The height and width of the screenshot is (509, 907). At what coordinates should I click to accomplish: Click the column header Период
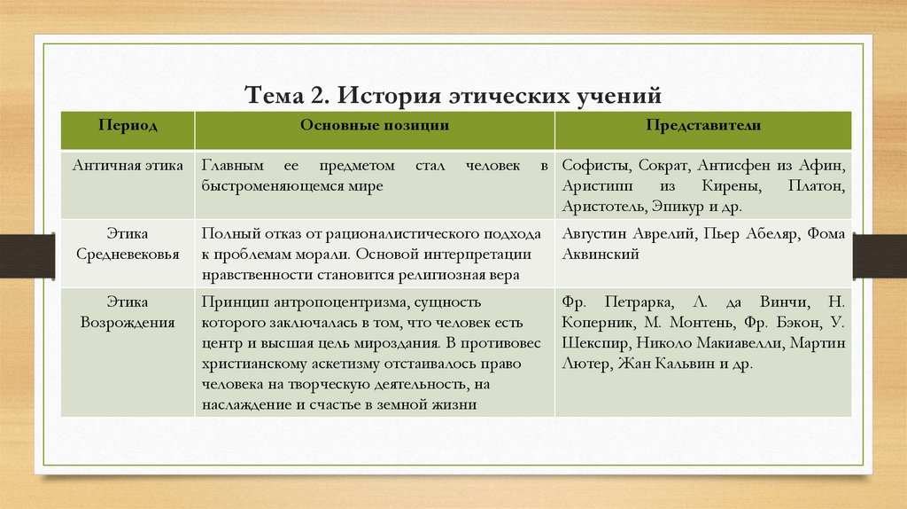(128, 126)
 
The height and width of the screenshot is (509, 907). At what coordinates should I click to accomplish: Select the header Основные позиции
(374, 126)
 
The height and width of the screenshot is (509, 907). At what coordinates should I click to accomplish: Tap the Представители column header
(703, 126)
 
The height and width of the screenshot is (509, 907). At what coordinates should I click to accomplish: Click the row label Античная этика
(128, 166)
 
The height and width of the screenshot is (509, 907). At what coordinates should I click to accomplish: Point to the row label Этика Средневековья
(128, 244)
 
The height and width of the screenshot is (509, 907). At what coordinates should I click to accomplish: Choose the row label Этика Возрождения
(128, 312)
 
